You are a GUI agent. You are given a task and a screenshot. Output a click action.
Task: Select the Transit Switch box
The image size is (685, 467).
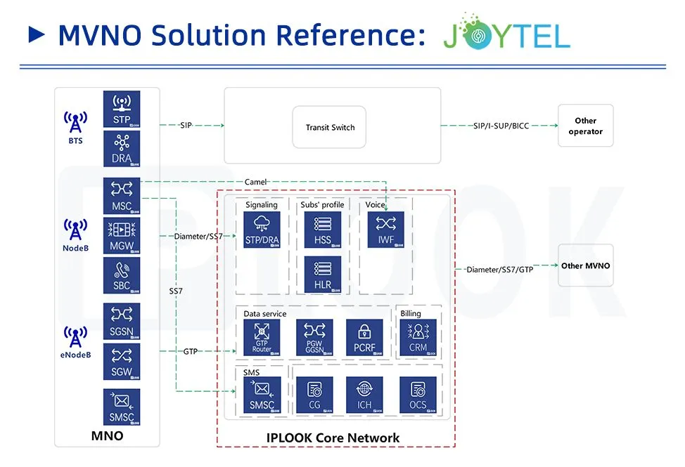tap(330, 127)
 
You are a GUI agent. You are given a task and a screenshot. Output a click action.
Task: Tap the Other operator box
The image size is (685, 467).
tap(585, 126)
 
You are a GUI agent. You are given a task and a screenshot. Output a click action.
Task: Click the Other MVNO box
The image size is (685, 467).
tap(585, 266)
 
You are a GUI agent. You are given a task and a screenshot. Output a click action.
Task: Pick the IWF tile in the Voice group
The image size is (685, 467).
tap(385, 230)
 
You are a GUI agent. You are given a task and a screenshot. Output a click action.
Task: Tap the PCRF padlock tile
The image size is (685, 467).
tap(364, 337)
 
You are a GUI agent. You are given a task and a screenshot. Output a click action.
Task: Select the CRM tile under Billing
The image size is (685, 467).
tap(418, 337)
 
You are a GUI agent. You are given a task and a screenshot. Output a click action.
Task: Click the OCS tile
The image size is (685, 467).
tap(418, 395)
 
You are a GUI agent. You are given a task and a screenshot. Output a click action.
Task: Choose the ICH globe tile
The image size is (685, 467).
tap(364, 395)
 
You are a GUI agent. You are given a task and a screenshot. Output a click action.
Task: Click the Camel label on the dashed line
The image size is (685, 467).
tap(255, 182)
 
